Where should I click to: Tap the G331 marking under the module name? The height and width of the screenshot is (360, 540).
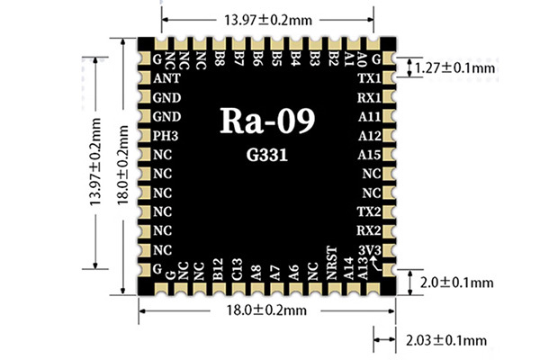tap(268, 154)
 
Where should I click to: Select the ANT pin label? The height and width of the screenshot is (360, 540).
tap(166, 78)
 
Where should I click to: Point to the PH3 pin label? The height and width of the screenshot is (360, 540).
tap(166, 136)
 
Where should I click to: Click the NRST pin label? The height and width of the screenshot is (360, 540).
tap(332, 264)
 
